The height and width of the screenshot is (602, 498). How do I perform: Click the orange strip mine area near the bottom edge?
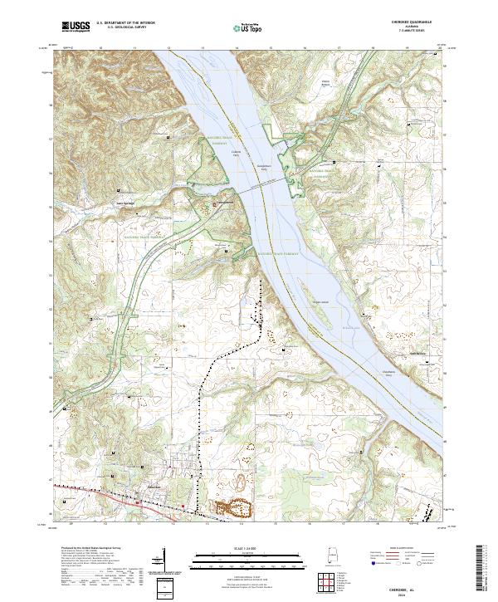pos(233,505)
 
